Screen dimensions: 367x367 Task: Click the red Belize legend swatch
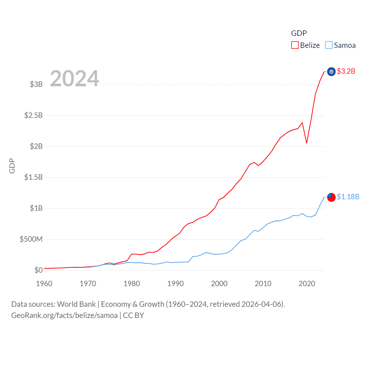point(295,45)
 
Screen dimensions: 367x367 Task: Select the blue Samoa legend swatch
point(329,45)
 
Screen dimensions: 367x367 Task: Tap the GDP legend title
point(299,33)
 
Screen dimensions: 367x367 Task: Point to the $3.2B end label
point(346,71)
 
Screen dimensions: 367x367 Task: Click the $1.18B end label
point(348,197)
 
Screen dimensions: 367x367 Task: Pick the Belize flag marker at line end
point(331,72)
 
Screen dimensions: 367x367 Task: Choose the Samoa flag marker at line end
point(331,197)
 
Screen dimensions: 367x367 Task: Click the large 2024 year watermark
point(75,78)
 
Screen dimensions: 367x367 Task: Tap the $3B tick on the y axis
point(36,84)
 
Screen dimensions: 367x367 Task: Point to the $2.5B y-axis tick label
point(34,115)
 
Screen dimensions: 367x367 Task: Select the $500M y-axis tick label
point(31,239)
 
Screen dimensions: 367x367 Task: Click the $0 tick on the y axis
point(38,270)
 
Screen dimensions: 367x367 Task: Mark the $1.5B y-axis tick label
point(34,177)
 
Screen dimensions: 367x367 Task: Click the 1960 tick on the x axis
point(44,284)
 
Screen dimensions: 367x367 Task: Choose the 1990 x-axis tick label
point(175,284)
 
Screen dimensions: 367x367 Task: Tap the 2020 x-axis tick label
point(307,284)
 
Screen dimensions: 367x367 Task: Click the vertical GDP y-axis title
point(12,166)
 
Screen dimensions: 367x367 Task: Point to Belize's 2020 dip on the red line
point(307,143)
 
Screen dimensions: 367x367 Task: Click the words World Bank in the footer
point(76,304)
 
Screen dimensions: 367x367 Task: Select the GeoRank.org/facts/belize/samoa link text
point(65,315)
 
